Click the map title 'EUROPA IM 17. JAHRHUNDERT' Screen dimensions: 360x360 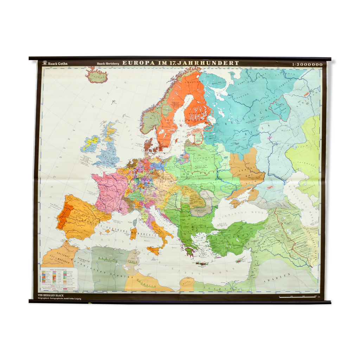point(181,63)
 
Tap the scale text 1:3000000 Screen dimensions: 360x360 point(307,64)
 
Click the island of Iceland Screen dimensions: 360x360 point(96,76)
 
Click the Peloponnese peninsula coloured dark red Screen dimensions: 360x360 point(190,252)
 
